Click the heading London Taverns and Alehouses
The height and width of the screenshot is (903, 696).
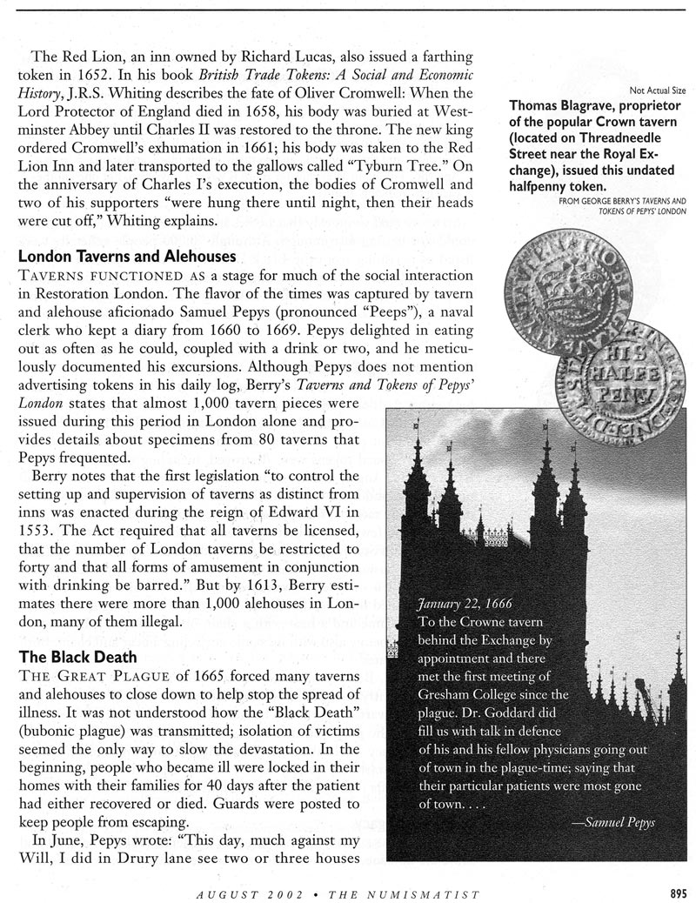click(x=127, y=257)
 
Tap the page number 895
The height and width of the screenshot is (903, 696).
click(x=678, y=891)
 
